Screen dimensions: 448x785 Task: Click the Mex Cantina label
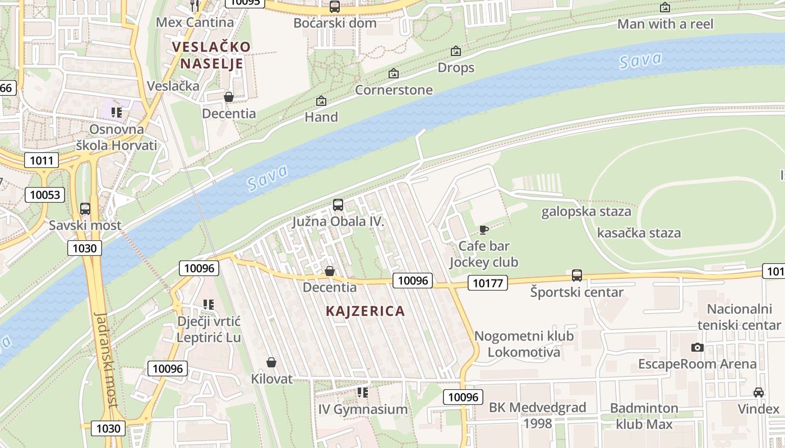click(195, 23)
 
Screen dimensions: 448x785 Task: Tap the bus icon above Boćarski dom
click(335, 7)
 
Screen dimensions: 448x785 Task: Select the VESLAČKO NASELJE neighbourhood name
click(211, 55)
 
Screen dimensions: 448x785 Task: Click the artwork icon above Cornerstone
click(394, 73)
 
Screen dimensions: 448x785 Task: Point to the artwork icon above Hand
click(321, 101)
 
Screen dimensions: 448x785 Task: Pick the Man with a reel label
click(665, 24)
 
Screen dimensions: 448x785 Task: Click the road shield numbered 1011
click(41, 161)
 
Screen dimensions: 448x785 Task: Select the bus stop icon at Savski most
click(85, 209)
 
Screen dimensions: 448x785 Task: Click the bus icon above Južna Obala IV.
click(338, 205)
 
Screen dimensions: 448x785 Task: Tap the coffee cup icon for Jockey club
click(483, 230)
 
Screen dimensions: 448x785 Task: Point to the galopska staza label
click(586, 212)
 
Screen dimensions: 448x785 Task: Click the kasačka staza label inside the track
click(639, 233)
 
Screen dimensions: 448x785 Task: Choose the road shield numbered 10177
click(487, 283)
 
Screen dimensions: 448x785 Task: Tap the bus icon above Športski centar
click(577, 276)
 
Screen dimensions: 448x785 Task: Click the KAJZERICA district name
click(365, 311)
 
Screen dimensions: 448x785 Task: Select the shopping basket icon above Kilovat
click(271, 362)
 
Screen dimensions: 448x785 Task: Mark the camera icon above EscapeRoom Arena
click(698, 347)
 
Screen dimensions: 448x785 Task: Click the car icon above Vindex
click(759, 392)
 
